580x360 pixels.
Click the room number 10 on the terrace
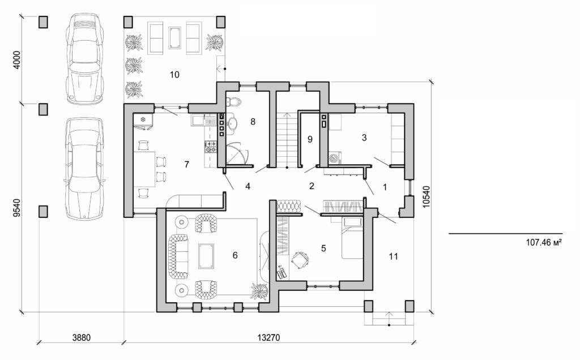point(174,75)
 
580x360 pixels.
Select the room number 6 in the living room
point(234,255)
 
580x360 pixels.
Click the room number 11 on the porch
point(393,256)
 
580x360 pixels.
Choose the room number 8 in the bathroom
point(253,121)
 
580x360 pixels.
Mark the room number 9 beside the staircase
point(310,139)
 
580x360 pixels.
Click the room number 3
point(364,138)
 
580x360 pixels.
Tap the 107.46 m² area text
point(542,242)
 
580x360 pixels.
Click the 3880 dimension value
point(83,337)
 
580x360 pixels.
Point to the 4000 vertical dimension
point(16,61)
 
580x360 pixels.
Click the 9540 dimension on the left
point(16,208)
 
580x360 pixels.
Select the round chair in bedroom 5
point(300,259)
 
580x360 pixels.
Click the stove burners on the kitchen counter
point(211,147)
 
